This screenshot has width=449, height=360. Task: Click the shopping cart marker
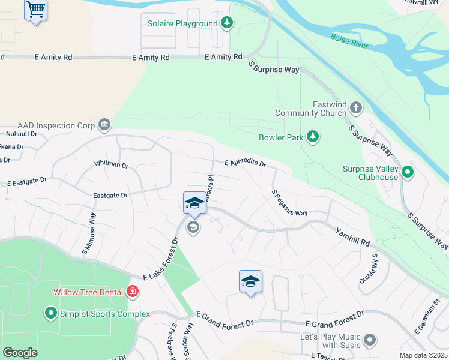coord(36,10)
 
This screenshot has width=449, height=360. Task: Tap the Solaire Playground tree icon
coord(226,23)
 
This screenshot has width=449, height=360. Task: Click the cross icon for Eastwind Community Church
coord(356,108)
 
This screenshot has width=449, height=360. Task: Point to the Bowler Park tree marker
coord(312,137)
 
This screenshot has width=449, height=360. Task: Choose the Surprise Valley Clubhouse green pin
coord(408,173)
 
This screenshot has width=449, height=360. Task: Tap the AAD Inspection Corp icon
coord(104,125)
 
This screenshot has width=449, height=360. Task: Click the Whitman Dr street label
coord(112,164)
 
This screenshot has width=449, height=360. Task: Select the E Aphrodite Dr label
coord(245,163)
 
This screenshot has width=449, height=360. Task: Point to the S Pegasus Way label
coord(289,203)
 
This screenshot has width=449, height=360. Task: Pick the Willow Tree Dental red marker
coord(132,292)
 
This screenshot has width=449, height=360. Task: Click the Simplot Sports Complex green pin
coord(51,313)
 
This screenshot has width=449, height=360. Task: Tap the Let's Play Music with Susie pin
coord(370,340)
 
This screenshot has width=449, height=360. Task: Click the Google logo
coord(20,353)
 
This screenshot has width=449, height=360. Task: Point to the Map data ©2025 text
coord(424,355)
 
